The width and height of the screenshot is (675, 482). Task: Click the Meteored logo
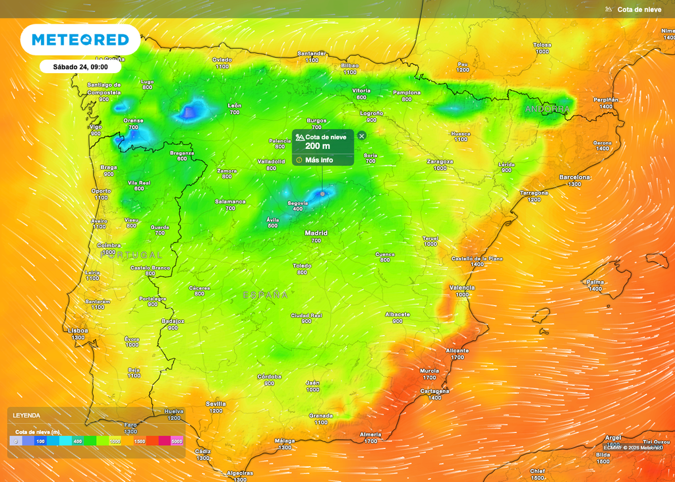(80, 40)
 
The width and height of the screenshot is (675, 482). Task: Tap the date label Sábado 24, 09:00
(80, 67)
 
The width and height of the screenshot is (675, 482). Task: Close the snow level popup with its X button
(361, 135)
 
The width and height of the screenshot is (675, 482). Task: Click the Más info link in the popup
(319, 160)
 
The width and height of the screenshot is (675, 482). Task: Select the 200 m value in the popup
(317, 146)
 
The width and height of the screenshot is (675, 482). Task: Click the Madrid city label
(316, 233)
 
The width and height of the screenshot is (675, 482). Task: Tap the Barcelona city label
(575, 177)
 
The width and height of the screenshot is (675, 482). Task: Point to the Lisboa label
(78, 330)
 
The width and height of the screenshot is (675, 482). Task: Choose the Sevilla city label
(216, 404)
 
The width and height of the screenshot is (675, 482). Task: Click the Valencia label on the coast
(461, 287)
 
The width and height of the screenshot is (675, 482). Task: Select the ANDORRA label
(547, 108)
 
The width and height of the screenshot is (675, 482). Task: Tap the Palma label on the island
(595, 282)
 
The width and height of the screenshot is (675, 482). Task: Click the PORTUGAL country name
(131, 255)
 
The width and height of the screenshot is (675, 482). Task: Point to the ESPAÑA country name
(265, 294)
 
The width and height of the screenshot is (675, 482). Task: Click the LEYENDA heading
(26, 415)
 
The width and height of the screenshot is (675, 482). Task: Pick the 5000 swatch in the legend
(177, 441)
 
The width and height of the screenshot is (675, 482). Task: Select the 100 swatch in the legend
(40, 441)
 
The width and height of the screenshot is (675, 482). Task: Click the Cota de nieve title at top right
(639, 9)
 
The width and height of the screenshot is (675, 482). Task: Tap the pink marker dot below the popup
(322, 194)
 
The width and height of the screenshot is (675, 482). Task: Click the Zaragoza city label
(440, 161)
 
